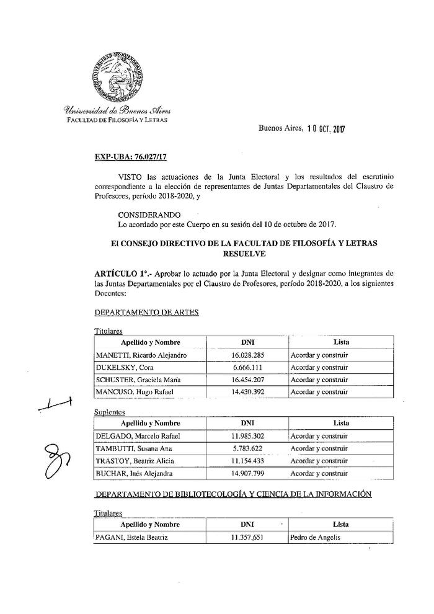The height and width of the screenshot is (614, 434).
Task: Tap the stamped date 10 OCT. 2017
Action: pos(325,129)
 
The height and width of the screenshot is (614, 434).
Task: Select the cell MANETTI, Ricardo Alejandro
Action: pos(141,355)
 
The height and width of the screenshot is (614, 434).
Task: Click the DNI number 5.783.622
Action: pos(246,448)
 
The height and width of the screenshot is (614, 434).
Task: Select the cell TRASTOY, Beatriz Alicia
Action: pos(135,461)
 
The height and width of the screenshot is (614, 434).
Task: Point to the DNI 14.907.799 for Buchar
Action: pos(246,473)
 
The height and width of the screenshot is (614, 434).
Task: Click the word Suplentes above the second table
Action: pos(109,412)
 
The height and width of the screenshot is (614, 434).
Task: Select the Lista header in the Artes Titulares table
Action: pos(341,342)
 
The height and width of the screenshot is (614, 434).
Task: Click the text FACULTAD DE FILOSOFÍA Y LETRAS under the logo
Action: pos(117,118)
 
